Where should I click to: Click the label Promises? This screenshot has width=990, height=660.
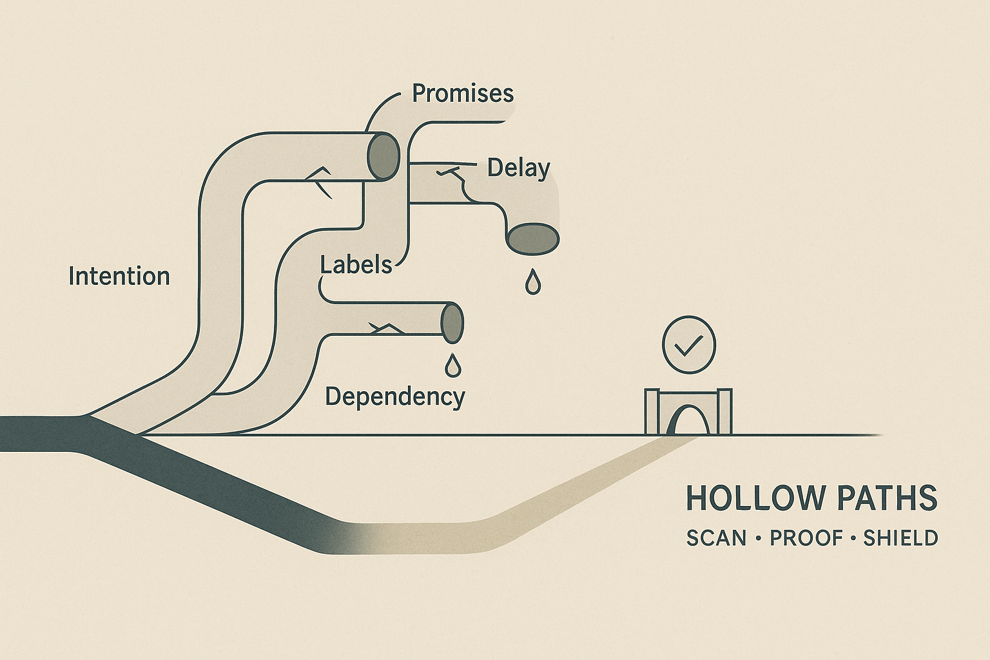pos(463,94)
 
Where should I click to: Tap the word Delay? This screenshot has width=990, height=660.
pos(518,168)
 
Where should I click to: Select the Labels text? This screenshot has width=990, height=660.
pos(356,265)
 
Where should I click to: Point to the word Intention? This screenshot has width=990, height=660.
pos(119,277)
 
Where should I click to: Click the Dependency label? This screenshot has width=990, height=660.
pos(394,396)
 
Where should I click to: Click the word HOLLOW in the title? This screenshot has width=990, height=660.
pos(747,498)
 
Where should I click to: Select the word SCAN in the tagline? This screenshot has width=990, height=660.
pos(715,538)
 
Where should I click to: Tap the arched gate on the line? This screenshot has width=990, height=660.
pos(688,415)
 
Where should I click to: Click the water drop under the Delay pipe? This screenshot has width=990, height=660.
pos(532,282)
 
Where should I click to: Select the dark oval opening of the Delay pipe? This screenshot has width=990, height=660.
pos(533,238)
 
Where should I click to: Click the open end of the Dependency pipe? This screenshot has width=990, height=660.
pos(452,321)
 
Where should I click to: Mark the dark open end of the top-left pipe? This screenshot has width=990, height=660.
pos(383,156)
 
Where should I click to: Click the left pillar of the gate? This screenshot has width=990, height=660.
pos(652,412)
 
